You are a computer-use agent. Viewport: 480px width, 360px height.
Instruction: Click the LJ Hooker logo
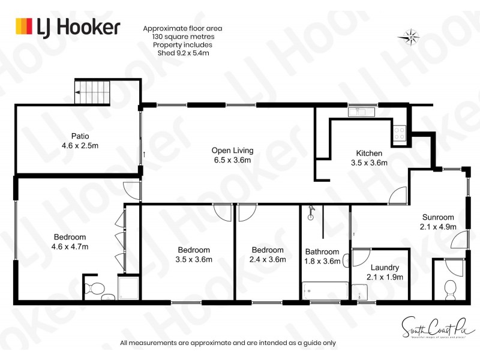tap(67, 27)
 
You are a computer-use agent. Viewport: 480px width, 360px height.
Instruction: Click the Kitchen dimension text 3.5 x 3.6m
tap(369, 163)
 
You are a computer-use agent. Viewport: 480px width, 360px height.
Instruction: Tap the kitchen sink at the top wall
tap(361, 111)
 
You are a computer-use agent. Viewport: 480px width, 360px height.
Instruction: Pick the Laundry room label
tap(385, 268)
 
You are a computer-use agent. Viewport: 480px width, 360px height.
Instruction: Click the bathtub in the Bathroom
tap(325, 291)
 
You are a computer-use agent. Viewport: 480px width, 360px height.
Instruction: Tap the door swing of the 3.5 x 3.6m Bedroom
tap(223, 212)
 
